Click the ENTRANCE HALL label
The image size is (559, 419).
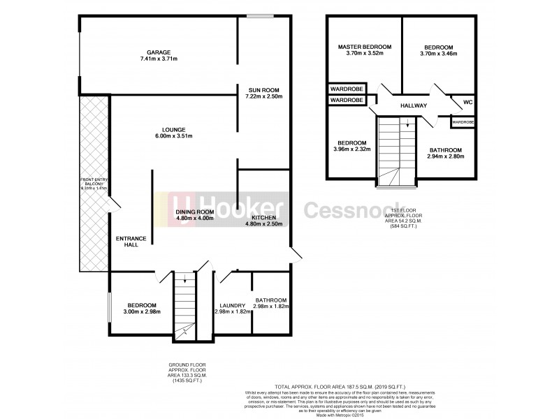(x=131, y=242)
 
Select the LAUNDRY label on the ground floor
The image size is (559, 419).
(x=231, y=305)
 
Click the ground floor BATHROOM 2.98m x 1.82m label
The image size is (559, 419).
(x=270, y=300)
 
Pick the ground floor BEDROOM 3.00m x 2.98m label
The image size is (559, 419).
(x=141, y=305)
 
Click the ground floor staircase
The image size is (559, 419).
(x=185, y=307)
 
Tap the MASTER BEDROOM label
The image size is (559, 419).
(x=364, y=47)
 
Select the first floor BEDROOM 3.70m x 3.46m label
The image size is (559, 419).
(x=437, y=47)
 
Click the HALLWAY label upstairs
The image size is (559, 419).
(x=413, y=105)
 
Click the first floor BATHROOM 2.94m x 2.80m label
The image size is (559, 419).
(x=445, y=150)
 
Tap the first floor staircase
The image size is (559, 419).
(x=395, y=150)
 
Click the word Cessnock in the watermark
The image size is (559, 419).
(x=349, y=211)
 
